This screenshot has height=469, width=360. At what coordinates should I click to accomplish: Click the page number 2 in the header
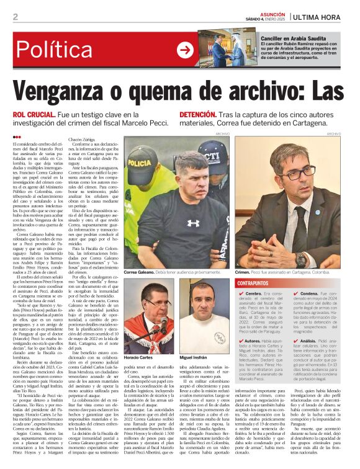tap(15, 17)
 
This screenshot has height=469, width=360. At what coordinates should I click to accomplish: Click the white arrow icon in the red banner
tap(185, 50)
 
